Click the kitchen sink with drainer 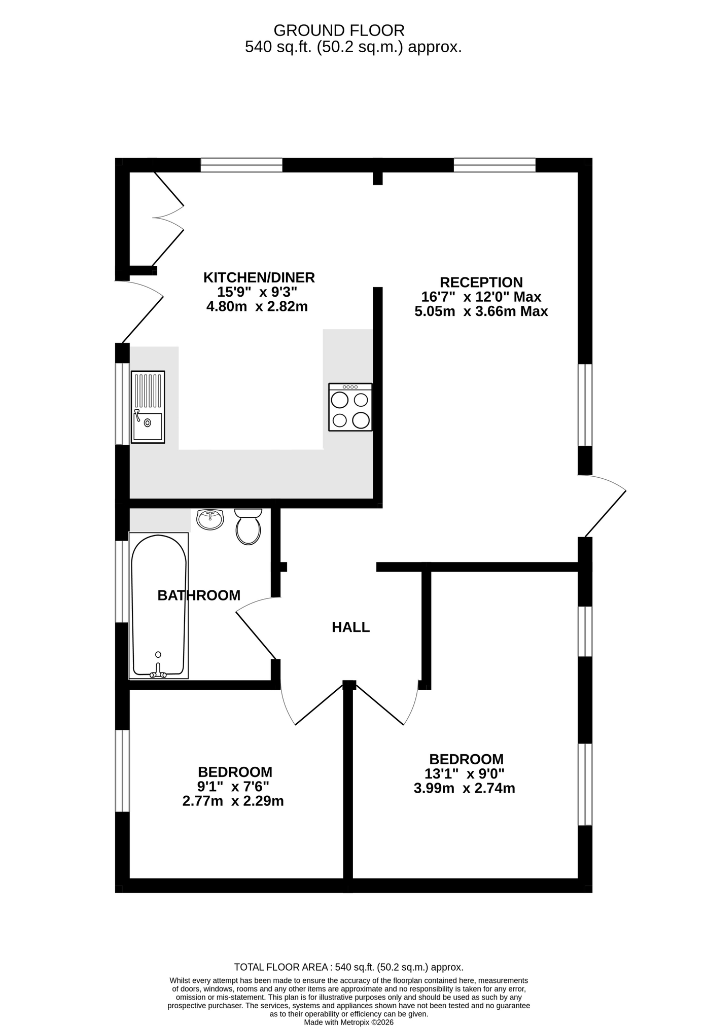(x=148, y=407)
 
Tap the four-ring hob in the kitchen (x=350, y=407)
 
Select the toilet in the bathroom (x=248, y=526)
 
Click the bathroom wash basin (x=210, y=519)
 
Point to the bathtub (x=159, y=606)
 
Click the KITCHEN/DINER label (x=259, y=277)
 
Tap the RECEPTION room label (x=481, y=282)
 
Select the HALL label (x=351, y=627)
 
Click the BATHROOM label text (x=199, y=595)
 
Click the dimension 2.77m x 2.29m (x=233, y=801)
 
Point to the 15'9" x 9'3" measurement (x=257, y=292)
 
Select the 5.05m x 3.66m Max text (x=481, y=311)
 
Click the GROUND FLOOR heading (x=339, y=30)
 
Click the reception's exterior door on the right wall (x=603, y=506)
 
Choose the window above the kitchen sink (x=122, y=404)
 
